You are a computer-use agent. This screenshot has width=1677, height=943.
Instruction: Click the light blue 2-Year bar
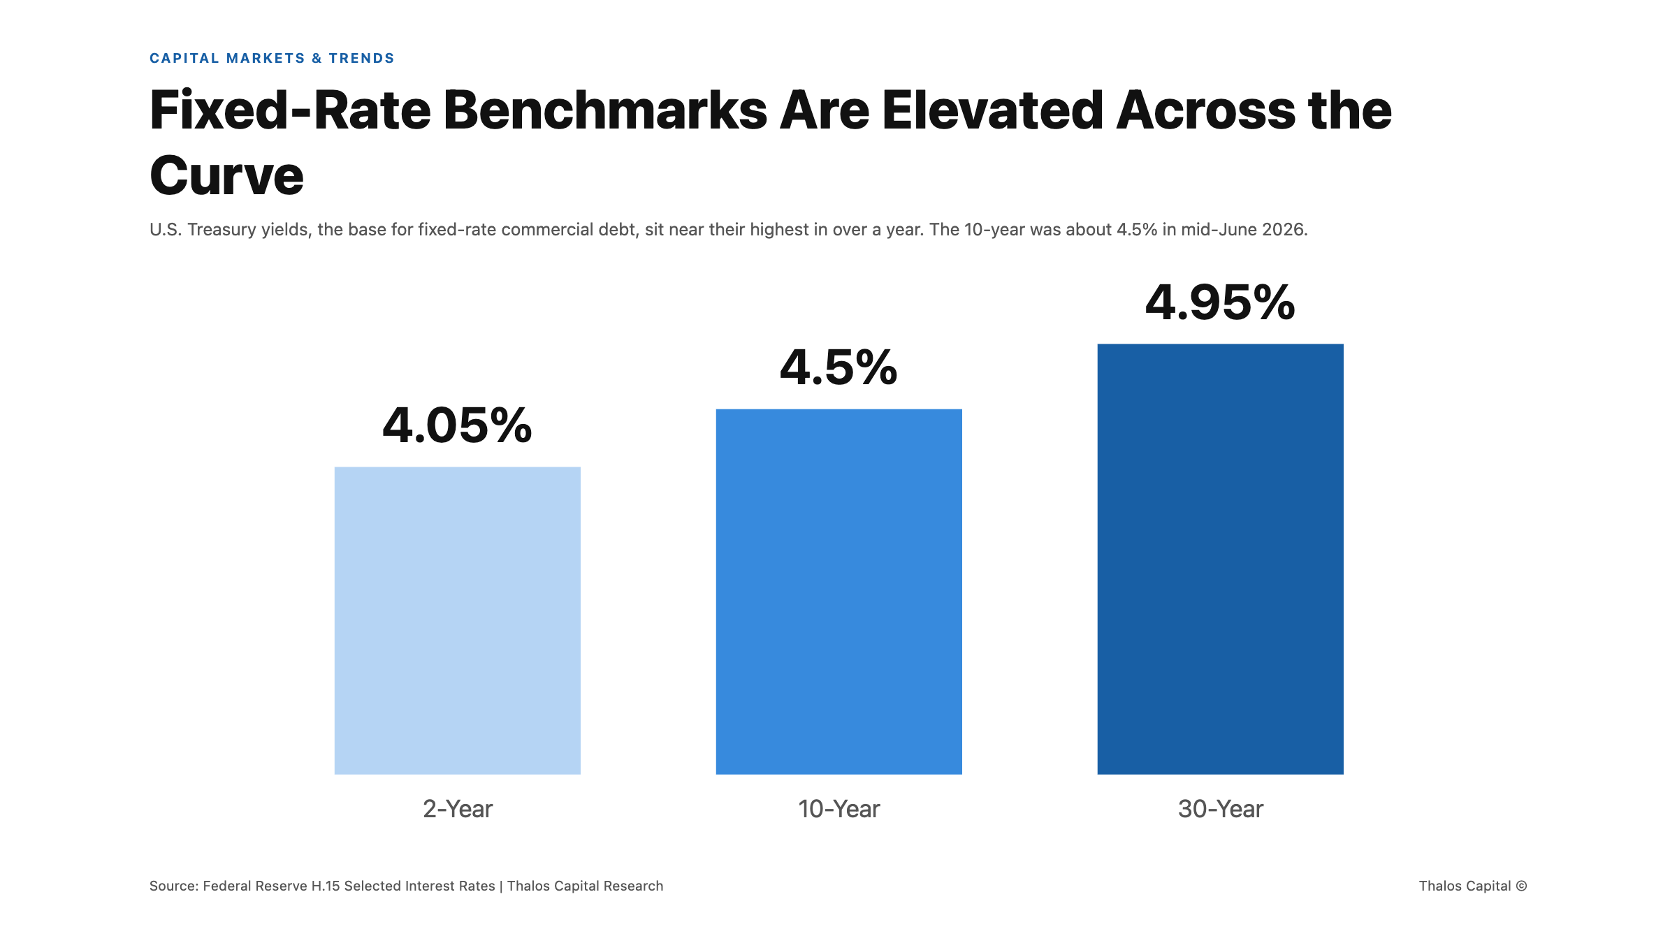coord(458,620)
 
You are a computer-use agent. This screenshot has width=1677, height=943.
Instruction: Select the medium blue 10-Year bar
coord(838,592)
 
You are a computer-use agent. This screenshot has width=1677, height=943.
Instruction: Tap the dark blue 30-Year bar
coord(1220,559)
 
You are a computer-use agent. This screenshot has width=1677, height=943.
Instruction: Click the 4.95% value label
coord(1220,302)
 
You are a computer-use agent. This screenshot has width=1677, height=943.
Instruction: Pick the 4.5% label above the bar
coord(838,367)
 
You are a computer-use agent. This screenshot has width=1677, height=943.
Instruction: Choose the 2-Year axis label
coord(458,809)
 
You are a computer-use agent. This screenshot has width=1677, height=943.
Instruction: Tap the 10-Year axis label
coord(838,809)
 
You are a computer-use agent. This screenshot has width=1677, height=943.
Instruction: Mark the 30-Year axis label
coord(1220,809)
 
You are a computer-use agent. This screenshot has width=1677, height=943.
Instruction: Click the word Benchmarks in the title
coord(605,110)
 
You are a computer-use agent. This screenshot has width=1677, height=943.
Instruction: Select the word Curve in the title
coord(227,175)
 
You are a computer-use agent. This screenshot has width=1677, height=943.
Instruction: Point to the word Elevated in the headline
coord(992,110)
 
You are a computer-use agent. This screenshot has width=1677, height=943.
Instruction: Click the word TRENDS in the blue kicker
coord(362,58)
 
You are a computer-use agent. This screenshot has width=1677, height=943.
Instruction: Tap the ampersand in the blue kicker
coord(317,58)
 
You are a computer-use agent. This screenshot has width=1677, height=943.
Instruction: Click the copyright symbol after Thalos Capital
coord(1521,886)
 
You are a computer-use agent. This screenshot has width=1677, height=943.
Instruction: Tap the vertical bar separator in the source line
coord(501,886)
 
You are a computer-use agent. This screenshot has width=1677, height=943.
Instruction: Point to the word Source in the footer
coord(173,886)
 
